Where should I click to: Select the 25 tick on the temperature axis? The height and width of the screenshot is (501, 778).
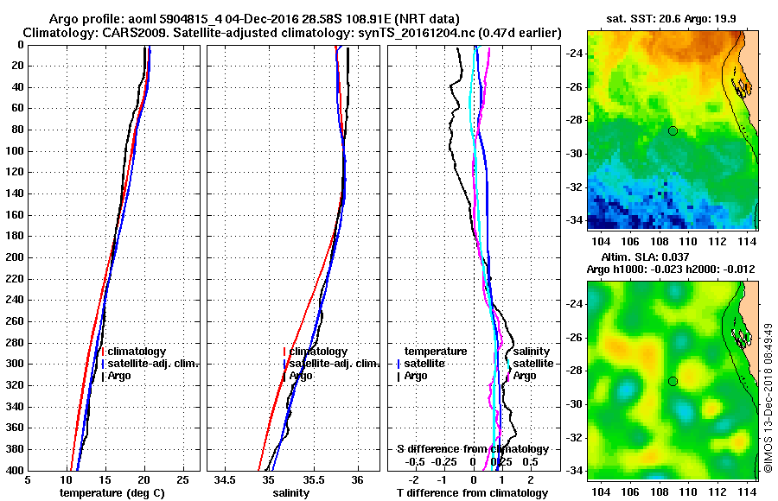pos(182,479)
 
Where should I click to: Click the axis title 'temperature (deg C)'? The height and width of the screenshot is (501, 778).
pos(112,492)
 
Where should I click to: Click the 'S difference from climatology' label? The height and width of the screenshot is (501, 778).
pos(473,449)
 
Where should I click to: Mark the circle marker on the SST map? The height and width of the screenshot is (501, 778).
pos(673,130)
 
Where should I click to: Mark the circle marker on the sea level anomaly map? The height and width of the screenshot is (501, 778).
pos(673,381)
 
